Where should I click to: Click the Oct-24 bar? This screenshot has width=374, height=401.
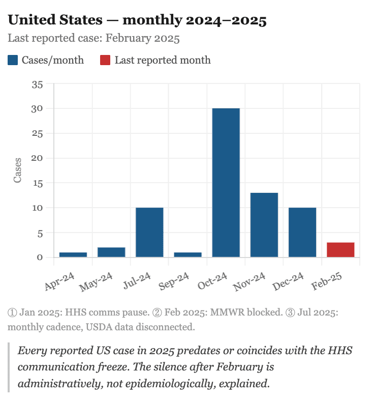point(226,183)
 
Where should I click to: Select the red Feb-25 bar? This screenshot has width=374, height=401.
point(340,250)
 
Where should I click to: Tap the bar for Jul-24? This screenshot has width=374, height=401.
point(149,232)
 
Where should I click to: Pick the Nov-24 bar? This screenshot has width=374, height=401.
point(264,225)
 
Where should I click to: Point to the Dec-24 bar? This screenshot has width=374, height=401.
point(302,232)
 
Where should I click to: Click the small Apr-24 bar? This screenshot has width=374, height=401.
point(73,254)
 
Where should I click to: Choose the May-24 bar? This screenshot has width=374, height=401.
point(111,252)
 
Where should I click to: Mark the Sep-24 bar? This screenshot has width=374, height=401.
point(188,254)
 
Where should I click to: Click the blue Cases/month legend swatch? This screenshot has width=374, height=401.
point(13,61)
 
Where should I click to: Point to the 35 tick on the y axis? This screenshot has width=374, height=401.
point(38,84)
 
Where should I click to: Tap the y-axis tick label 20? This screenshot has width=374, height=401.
point(38,158)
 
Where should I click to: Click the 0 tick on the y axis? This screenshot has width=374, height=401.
point(40,257)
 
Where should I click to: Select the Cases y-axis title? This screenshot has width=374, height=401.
point(18,170)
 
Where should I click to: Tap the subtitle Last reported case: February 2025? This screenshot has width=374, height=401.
point(93,39)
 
